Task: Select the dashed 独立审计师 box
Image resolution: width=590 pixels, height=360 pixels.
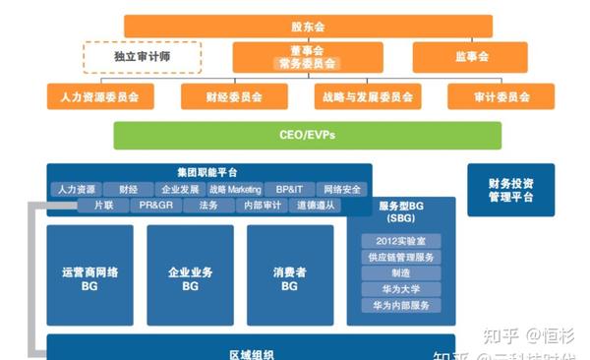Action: [x=142, y=57]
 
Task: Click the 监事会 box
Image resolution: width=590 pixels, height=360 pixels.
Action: [x=469, y=57]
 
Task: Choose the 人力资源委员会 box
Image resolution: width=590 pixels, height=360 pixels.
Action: [x=99, y=96]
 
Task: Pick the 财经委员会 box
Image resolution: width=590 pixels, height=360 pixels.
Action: [x=234, y=96]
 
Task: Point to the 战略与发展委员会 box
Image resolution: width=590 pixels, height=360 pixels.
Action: [x=366, y=96]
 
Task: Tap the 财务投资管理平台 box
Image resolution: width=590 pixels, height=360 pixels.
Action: [x=510, y=189]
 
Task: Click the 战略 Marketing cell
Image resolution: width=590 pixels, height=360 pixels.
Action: [x=235, y=189]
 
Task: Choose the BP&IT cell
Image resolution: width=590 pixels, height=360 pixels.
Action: [x=290, y=189]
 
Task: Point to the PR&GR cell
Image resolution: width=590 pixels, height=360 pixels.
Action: [x=155, y=206]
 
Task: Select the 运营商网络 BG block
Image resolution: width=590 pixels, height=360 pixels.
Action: [x=89, y=278]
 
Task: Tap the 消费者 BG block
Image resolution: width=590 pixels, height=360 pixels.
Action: [x=289, y=278]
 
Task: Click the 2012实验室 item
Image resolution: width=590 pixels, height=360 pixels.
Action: [x=401, y=241]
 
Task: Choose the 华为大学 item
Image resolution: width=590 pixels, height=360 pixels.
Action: [x=401, y=289]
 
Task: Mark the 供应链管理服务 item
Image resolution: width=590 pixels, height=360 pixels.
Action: [x=401, y=257]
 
